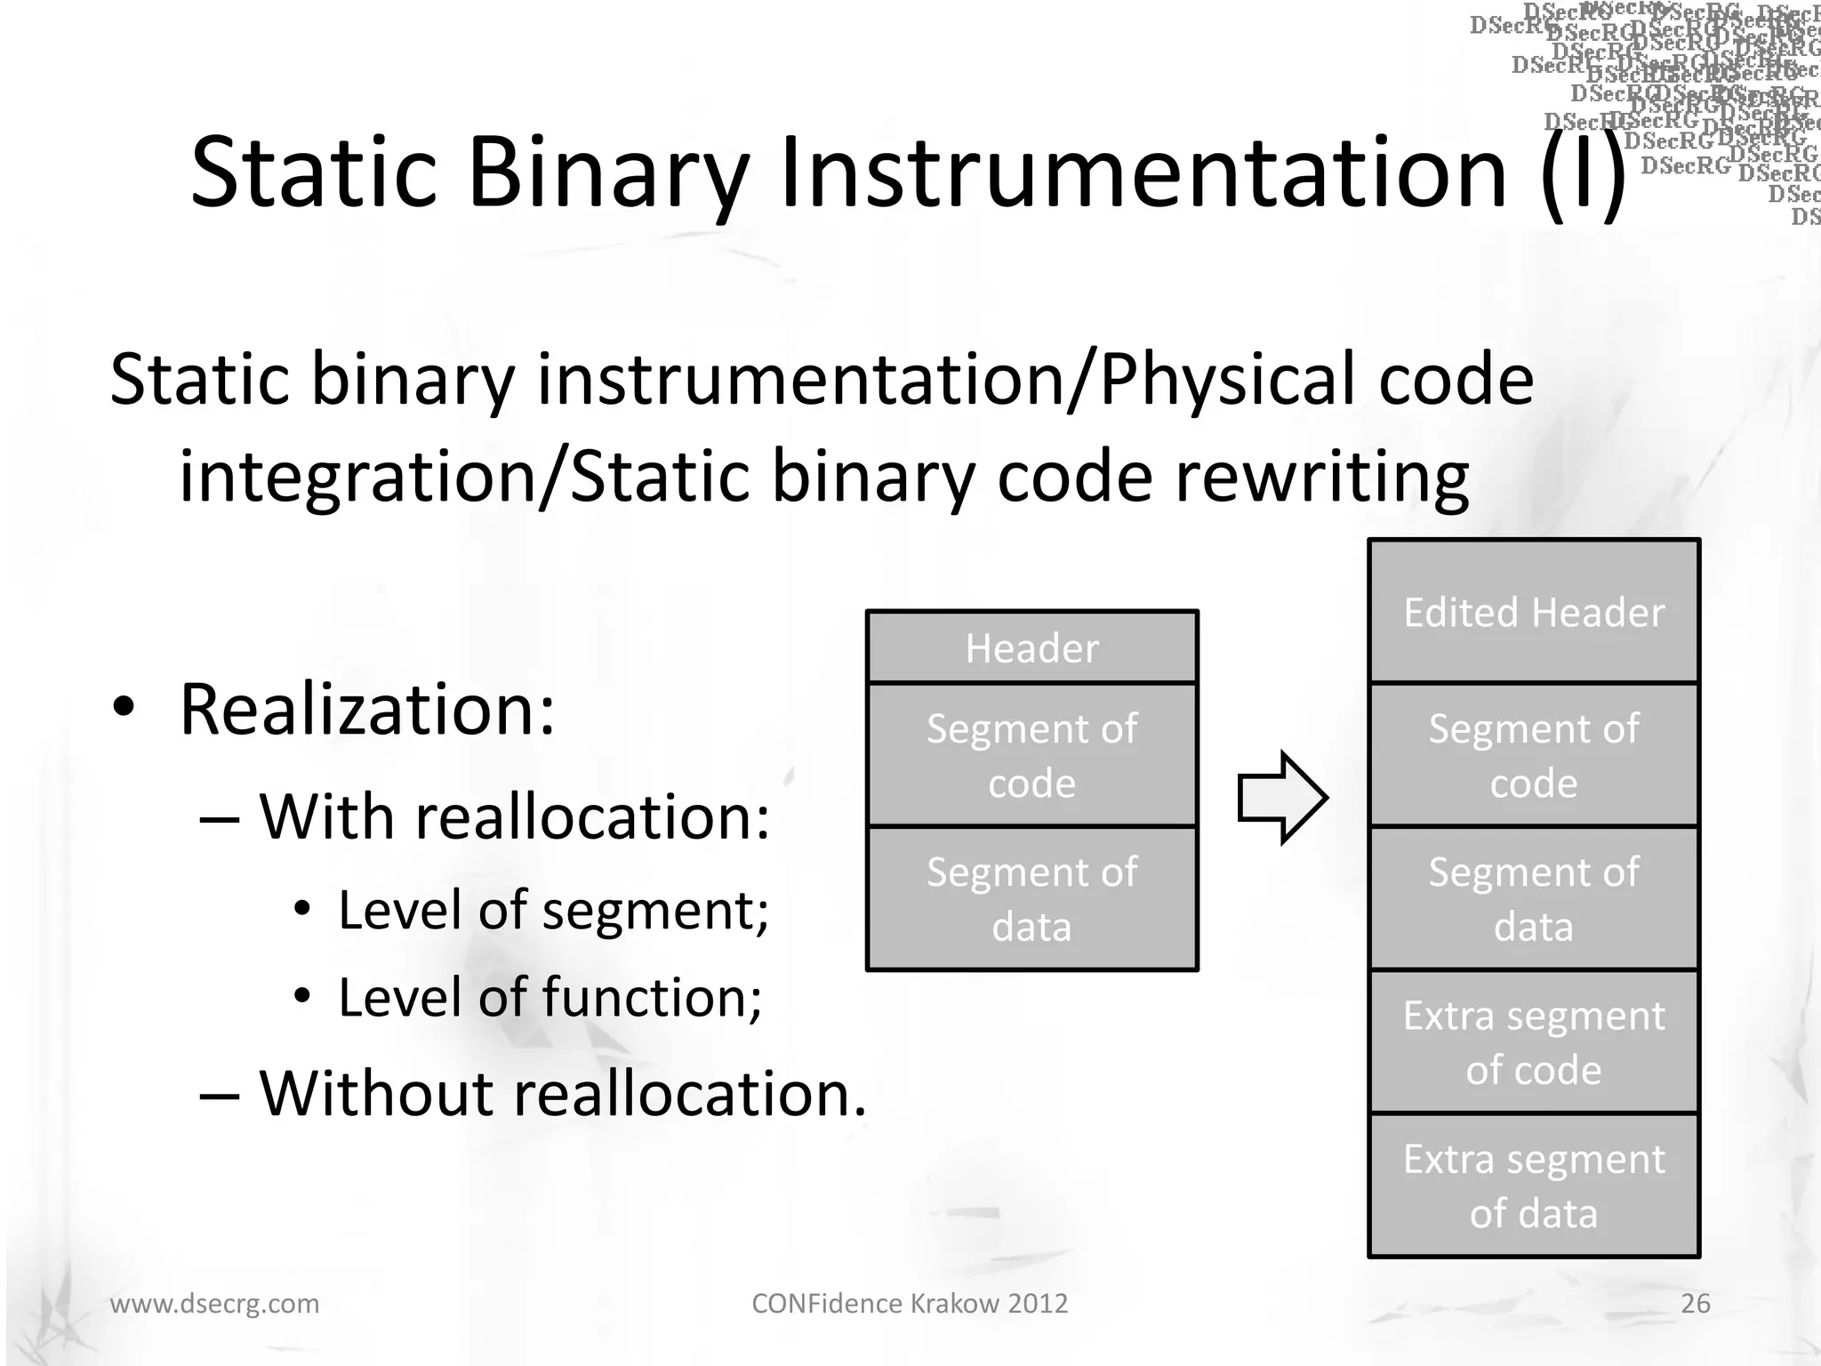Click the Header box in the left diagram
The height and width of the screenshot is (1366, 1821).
coord(1031,647)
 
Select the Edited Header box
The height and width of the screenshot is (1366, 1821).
coord(1533,612)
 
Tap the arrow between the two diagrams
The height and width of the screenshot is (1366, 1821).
coord(1282,798)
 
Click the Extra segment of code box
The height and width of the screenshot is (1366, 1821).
coord(1533,1041)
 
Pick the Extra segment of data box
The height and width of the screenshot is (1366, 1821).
coord(1533,1185)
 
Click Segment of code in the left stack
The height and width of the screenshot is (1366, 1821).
coord(1031,755)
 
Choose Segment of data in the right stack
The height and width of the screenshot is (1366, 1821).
coord(1533,898)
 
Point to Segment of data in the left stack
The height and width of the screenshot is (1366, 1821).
coord(1031,898)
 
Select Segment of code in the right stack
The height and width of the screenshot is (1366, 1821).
coord(1533,755)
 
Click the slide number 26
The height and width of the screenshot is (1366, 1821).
coord(1695,1303)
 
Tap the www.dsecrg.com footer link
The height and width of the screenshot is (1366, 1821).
coord(214,1303)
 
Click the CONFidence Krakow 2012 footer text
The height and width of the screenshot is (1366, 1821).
coord(910,1303)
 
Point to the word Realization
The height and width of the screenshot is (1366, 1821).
coord(366,710)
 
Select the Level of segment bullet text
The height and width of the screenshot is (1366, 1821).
coord(553,910)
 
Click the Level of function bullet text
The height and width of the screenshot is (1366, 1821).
coord(550,997)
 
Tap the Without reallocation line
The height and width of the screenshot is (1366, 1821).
coord(562,1092)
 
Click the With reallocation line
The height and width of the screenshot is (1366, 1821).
coord(514,816)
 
